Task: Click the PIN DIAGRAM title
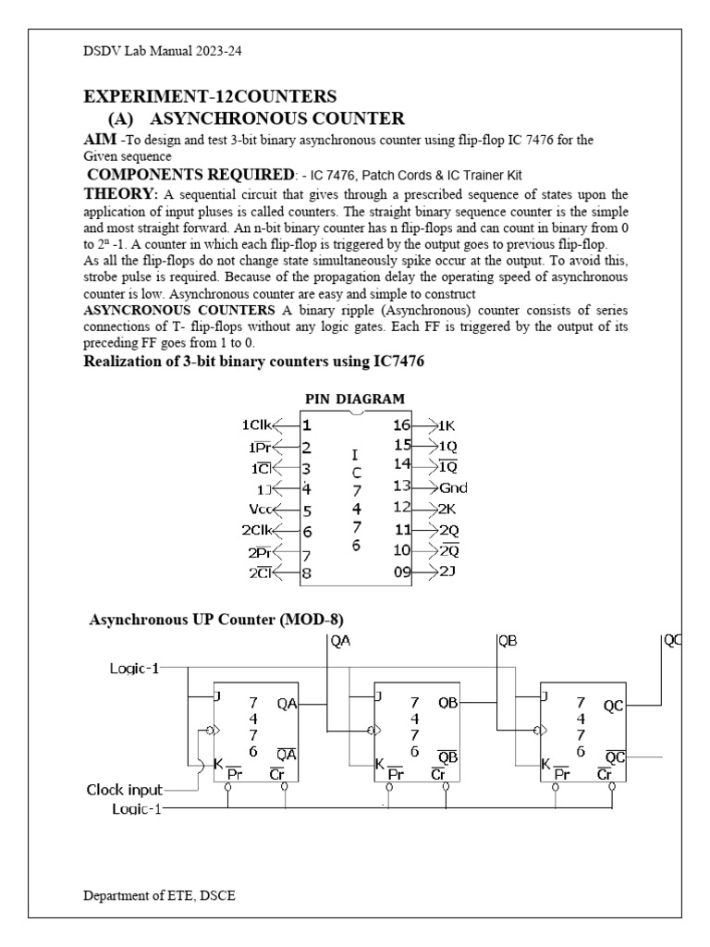pyautogui.click(x=355, y=400)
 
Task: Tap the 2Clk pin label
pyautogui.click(x=256, y=531)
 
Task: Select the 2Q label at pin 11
pyautogui.click(x=450, y=530)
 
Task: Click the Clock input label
pyautogui.click(x=125, y=790)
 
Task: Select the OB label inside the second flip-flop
pyautogui.click(x=448, y=704)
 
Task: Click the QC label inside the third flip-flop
pyautogui.click(x=614, y=705)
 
